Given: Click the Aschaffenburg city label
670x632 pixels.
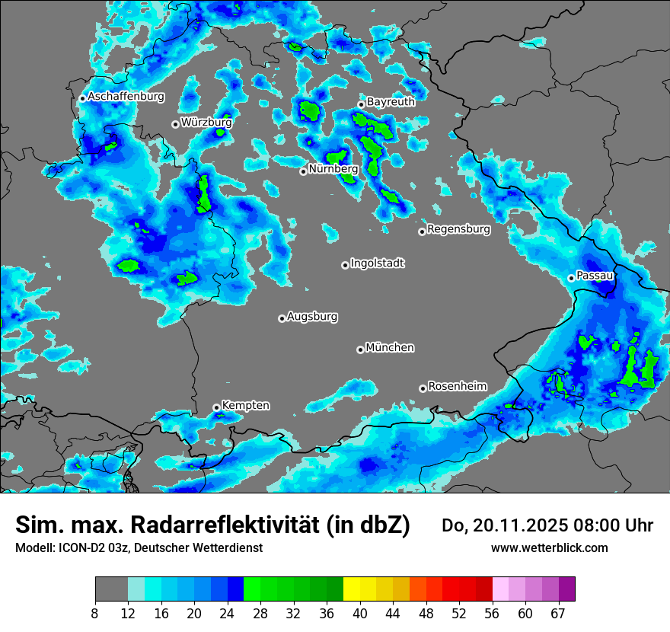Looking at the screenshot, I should click(x=126, y=97).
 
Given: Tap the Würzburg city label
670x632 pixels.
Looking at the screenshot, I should click(x=206, y=122).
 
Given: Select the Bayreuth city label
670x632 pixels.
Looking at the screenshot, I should click(x=391, y=102).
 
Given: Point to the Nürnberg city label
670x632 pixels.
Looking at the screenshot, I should click(x=333, y=168).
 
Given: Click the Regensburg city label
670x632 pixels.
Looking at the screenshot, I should click(x=458, y=228).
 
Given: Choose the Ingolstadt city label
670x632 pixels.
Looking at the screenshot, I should click(x=377, y=263).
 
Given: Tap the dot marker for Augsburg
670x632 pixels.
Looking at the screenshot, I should click(x=282, y=318).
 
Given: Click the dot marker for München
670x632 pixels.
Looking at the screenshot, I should click(x=360, y=350).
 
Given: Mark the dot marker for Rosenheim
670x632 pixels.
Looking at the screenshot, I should click(x=423, y=388).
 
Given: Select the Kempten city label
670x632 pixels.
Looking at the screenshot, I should click(x=245, y=406).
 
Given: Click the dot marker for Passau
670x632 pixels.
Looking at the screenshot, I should click(x=571, y=278).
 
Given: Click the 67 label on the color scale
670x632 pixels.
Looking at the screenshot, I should click(x=558, y=613).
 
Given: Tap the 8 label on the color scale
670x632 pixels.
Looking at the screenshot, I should click(x=95, y=613).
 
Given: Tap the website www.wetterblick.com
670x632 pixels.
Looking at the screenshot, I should click(x=549, y=548).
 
